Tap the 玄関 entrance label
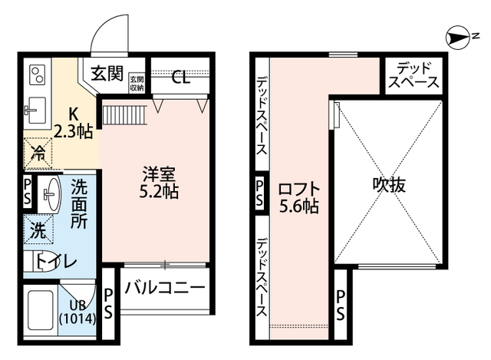point(107,74)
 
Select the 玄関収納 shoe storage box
point(137,82)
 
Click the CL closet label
point(180,77)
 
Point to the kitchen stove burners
point(37,75)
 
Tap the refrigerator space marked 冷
point(37,152)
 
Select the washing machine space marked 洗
point(37,228)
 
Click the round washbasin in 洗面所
point(51,193)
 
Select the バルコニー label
point(163,289)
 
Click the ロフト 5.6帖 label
point(298,196)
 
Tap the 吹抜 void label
point(389,184)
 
